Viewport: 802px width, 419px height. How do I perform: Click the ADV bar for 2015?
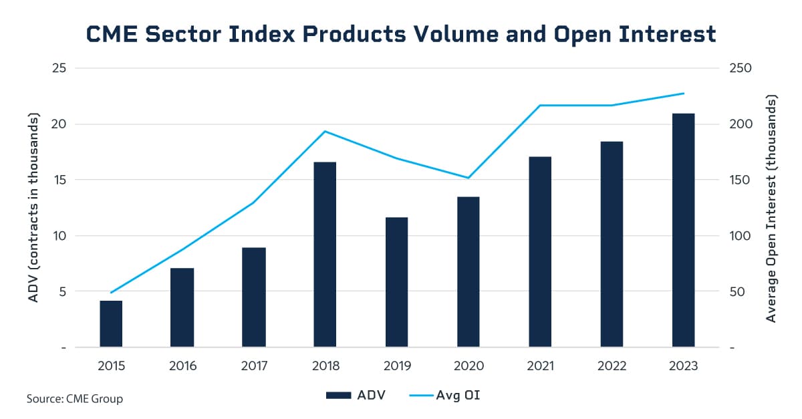[111, 324]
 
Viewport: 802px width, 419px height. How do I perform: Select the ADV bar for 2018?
[324, 255]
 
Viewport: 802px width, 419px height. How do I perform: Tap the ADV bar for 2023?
[683, 231]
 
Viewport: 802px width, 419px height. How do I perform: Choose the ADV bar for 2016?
[182, 308]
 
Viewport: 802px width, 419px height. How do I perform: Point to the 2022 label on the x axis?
[612, 366]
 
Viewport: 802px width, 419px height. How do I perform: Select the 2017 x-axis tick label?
[253, 366]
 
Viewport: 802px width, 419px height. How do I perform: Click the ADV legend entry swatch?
[339, 396]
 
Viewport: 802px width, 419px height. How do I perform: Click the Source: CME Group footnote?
[75, 399]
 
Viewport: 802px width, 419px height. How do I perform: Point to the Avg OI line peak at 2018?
[324, 131]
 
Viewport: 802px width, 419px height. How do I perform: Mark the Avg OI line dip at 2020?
[468, 178]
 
